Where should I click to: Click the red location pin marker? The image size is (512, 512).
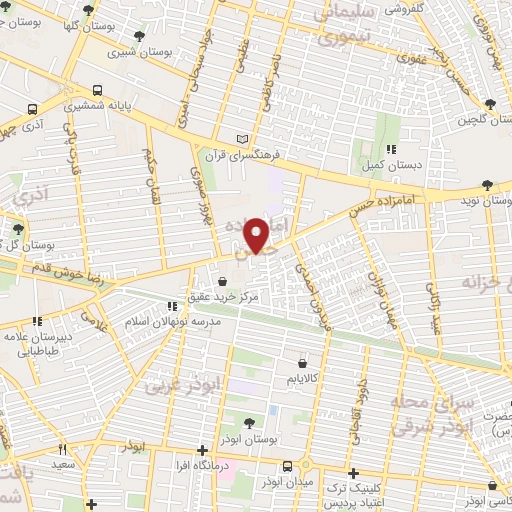(259, 234)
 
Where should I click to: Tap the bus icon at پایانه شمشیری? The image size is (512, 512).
(96, 89)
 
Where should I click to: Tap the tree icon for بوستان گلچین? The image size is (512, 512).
(490, 104)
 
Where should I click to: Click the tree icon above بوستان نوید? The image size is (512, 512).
(486, 185)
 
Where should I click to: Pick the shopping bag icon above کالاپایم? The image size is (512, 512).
(302, 364)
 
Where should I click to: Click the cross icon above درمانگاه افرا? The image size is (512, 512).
(203, 450)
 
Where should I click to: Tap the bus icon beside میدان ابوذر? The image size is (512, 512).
(288, 467)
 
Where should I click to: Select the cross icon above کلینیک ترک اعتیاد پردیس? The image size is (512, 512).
(351, 473)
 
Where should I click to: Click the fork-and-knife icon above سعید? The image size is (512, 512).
(63, 450)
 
